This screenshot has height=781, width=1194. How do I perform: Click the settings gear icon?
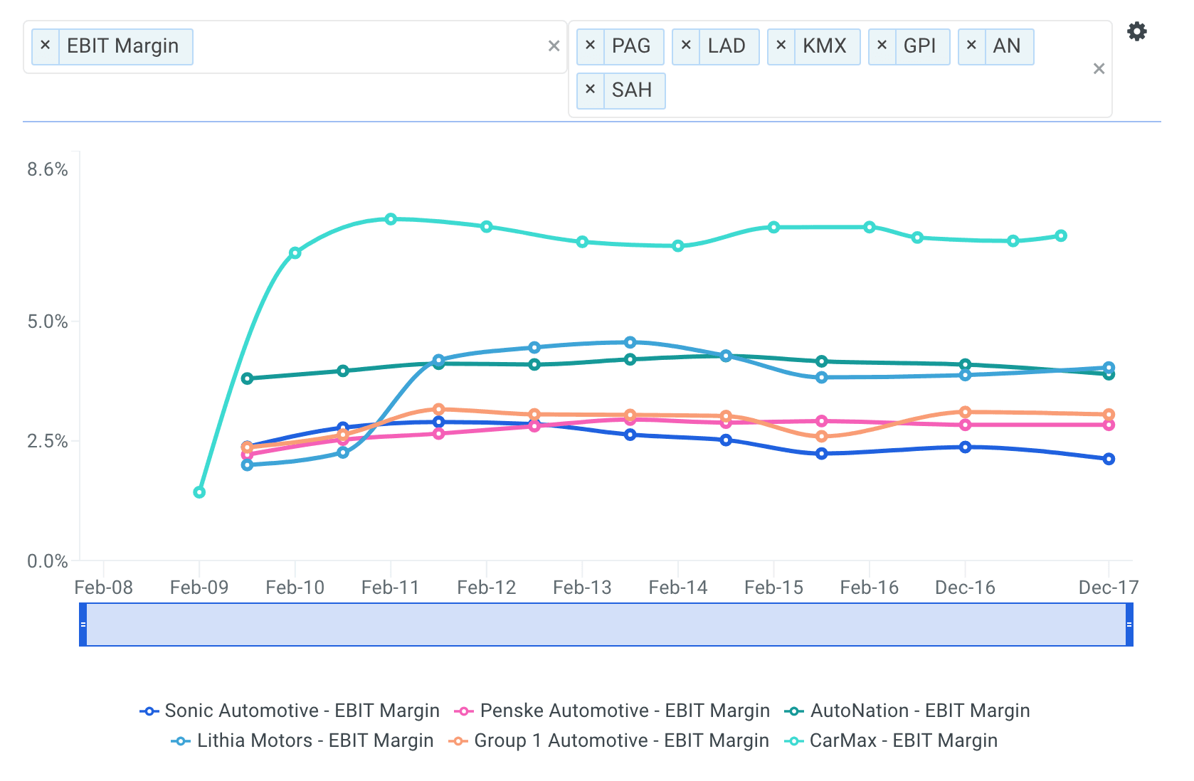click(x=1136, y=31)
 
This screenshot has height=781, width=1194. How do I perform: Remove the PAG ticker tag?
click(x=590, y=46)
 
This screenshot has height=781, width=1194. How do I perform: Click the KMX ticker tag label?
click(x=824, y=46)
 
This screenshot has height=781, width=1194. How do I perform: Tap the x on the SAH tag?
click(x=590, y=90)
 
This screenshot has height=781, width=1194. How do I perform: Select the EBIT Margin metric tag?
click(x=122, y=46)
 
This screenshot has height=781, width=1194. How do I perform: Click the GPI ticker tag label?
click(x=919, y=46)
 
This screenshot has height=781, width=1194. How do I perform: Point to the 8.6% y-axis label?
click(x=48, y=169)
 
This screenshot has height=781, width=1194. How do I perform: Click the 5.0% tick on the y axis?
click(x=48, y=322)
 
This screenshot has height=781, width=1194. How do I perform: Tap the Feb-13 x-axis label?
click(x=582, y=588)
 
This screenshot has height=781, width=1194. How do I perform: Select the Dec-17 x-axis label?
click(x=1108, y=588)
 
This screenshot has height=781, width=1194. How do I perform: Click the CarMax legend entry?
click(x=891, y=740)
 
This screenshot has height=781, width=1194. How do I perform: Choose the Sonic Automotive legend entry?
click(x=290, y=711)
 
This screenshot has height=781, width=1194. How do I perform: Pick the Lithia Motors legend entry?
click(x=302, y=740)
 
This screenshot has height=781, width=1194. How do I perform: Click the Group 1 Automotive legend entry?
click(x=609, y=740)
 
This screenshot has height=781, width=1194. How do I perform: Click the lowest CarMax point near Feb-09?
click(x=199, y=492)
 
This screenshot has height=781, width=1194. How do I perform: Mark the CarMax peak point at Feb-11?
click(x=391, y=219)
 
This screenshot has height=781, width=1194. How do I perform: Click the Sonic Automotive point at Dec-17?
click(x=1109, y=459)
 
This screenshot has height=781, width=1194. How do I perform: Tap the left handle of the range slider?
click(x=83, y=625)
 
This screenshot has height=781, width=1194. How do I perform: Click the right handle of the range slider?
click(x=1129, y=625)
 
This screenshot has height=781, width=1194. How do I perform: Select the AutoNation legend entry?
click(x=907, y=711)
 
